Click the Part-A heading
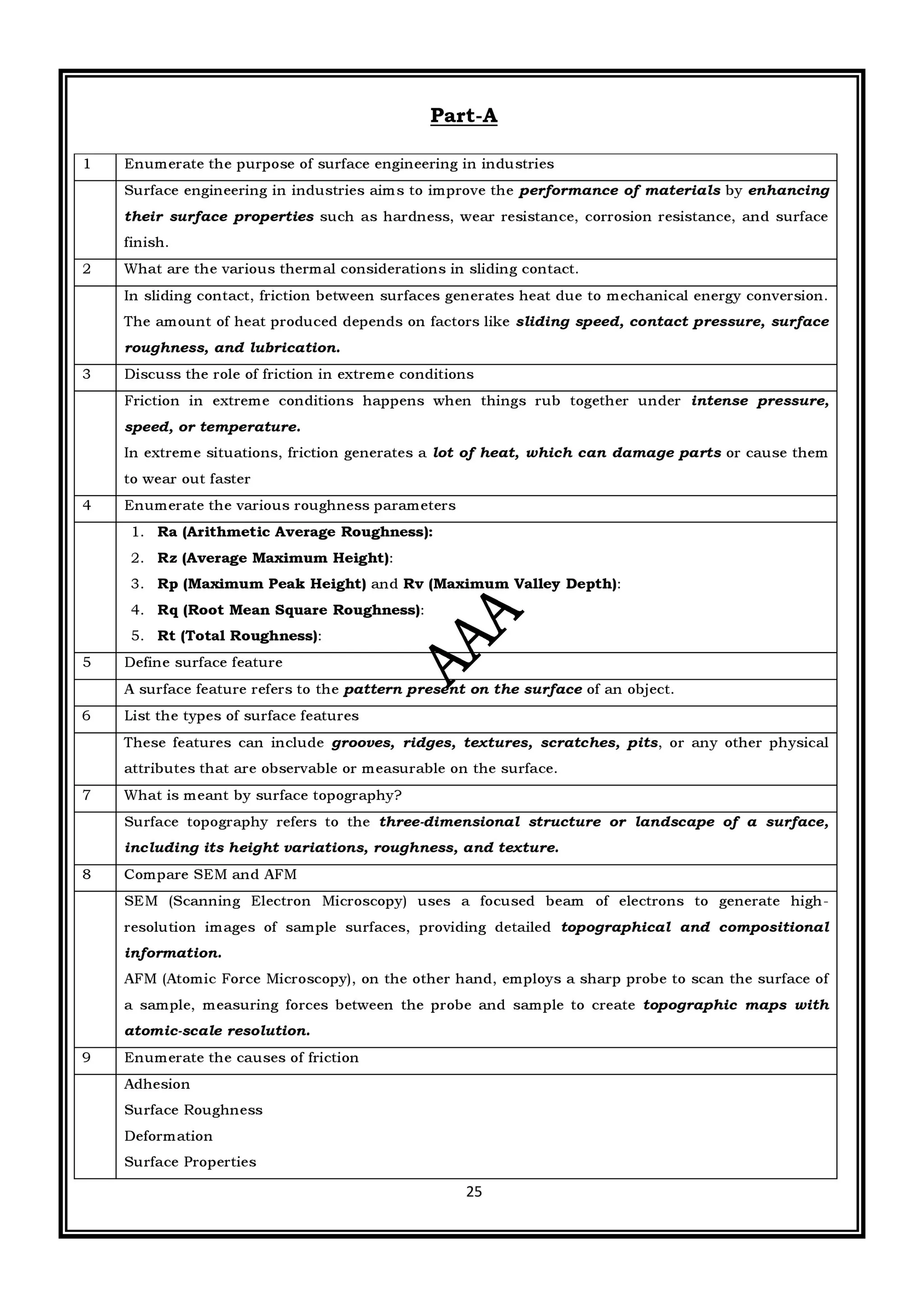pos(463,115)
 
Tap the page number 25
pos(474,1192)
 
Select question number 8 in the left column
pos(87,874)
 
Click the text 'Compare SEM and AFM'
pos(210,874)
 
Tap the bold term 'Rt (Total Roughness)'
pos(237,636)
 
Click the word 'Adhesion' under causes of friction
pos(157,1084)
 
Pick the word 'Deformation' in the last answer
pos(169,1136)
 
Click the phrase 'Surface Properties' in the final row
pos(190,1162)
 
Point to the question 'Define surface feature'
pos(203,663)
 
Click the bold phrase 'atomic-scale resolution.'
pos(217,1031)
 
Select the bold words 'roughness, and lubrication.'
pos(232,348)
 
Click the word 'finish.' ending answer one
pos(146,243)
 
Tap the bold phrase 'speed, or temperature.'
pos(213,427)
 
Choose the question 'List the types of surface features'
pos(241,716)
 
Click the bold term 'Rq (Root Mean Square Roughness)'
pos(289,610)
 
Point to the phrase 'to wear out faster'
pos(187,479)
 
